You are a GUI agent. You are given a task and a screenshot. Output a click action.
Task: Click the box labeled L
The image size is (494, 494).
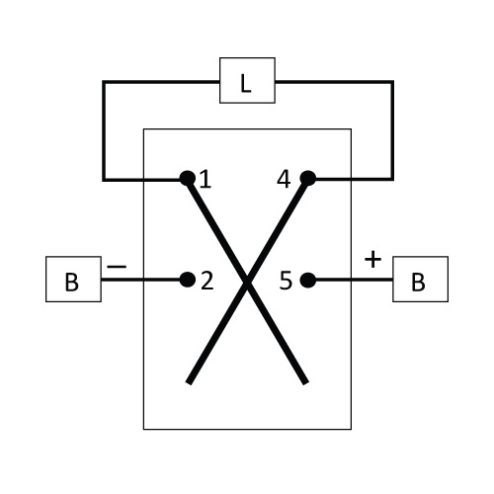coord(247,80)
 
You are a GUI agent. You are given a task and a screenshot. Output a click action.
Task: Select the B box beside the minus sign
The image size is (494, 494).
coord(73,279)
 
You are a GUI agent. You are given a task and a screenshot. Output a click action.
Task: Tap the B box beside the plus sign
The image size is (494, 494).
coord(420,279)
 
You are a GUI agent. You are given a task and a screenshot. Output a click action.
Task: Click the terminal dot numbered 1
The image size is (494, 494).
coord(188,179)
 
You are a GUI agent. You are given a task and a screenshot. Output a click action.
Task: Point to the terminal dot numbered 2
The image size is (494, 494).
coord(188,280)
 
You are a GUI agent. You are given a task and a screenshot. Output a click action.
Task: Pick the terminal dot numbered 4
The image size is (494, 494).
coord(308,178)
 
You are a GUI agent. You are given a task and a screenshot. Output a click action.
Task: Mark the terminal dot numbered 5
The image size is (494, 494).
coord(308,280)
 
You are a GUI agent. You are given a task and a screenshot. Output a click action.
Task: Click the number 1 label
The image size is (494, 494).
coord(206,180)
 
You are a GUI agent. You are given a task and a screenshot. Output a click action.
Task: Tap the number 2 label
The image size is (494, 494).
coord(207,282)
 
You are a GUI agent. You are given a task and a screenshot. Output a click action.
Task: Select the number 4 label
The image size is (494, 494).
coord(284,180)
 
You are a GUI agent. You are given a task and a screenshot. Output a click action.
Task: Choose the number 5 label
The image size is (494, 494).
coord(286,281)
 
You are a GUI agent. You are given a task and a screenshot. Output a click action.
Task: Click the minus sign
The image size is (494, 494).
coord(117,267)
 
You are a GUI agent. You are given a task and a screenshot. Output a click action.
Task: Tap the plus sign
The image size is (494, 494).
coord(372,259)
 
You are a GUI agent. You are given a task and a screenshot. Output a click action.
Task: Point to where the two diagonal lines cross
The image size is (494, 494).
coord(247,281)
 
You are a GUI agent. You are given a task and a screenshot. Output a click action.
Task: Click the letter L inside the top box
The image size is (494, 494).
coord(246,84)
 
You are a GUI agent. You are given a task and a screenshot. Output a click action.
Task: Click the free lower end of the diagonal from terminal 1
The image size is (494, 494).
coord(306,383)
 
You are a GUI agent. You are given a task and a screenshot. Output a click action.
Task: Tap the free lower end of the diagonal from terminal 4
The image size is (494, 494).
coord(189,383)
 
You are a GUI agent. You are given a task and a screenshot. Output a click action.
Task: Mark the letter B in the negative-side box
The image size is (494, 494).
coord(72,283)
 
